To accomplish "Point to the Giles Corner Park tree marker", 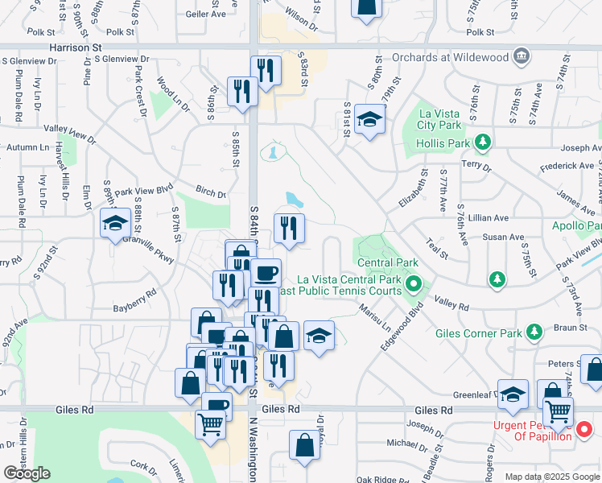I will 533,332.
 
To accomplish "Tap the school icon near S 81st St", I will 369,119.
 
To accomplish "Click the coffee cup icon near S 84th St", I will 266,272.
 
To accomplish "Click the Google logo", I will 27,473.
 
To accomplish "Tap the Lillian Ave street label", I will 489,218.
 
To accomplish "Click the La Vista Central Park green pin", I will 414,283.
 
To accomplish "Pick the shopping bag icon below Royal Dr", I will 304,446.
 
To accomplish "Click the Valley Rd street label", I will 451,304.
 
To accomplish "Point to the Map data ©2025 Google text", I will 551,477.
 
